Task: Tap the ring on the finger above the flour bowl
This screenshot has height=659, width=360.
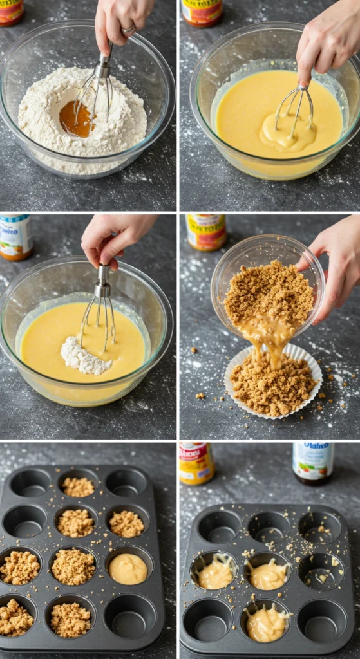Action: click(128, 29)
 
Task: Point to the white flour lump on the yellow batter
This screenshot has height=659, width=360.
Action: click(84, 357)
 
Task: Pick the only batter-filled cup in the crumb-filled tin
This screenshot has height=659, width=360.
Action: click(128, 568)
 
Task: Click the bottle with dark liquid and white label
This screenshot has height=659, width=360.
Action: click(313, 462)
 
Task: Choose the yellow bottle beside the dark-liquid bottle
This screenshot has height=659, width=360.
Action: click(196, 462)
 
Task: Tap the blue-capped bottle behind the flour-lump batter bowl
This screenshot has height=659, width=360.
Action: click(15, 236)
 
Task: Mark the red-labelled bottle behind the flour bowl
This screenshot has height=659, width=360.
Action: click(11, 12)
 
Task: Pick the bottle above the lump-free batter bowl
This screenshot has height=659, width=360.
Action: click(202, 12)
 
